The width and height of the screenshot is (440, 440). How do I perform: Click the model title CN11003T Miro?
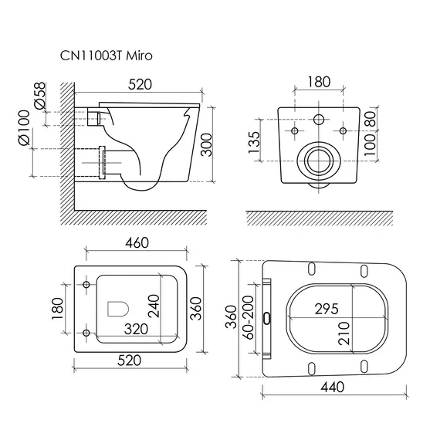click(x=106, y=56)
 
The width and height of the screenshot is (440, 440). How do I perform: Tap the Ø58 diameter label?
click(x=39, y=95)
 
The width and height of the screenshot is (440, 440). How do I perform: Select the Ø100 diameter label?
click(x=24, y=127)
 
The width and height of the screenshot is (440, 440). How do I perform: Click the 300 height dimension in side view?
click(x=207, y=145)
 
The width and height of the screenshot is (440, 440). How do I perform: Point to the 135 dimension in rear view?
click(x=255, y=142)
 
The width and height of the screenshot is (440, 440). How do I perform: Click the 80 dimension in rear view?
click(x=370, y=119)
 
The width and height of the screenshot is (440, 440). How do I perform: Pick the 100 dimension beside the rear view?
click(x=370, y=145)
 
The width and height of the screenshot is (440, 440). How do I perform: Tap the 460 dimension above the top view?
click(x=137, y=242)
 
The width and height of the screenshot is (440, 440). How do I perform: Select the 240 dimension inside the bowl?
click(x=154, y=306)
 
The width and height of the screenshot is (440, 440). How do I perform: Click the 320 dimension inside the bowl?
click(x=136, y=329)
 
